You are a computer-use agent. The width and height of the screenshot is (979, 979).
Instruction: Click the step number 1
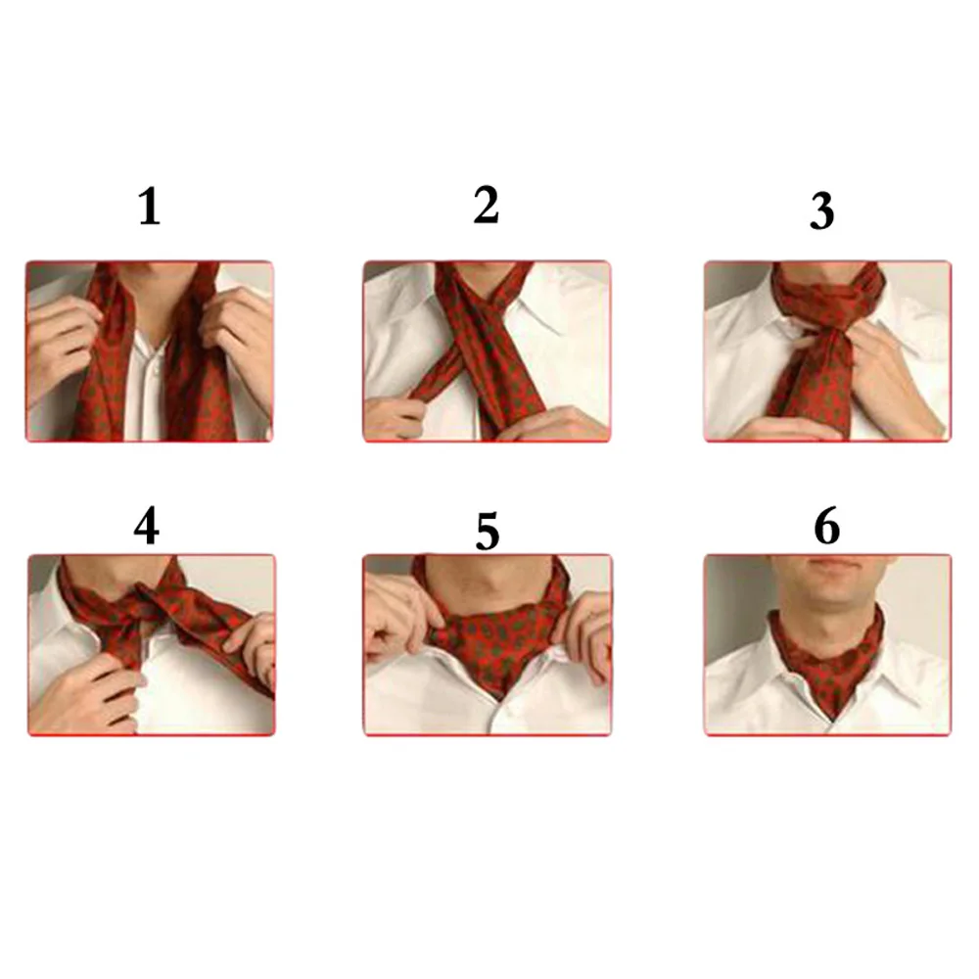tap(149, 209)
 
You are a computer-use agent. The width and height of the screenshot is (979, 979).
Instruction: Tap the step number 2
tap(486, 206)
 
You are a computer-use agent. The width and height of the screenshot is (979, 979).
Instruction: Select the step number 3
tap(821, 210)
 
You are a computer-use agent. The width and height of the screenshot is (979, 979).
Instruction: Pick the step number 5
tap(487, 532)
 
